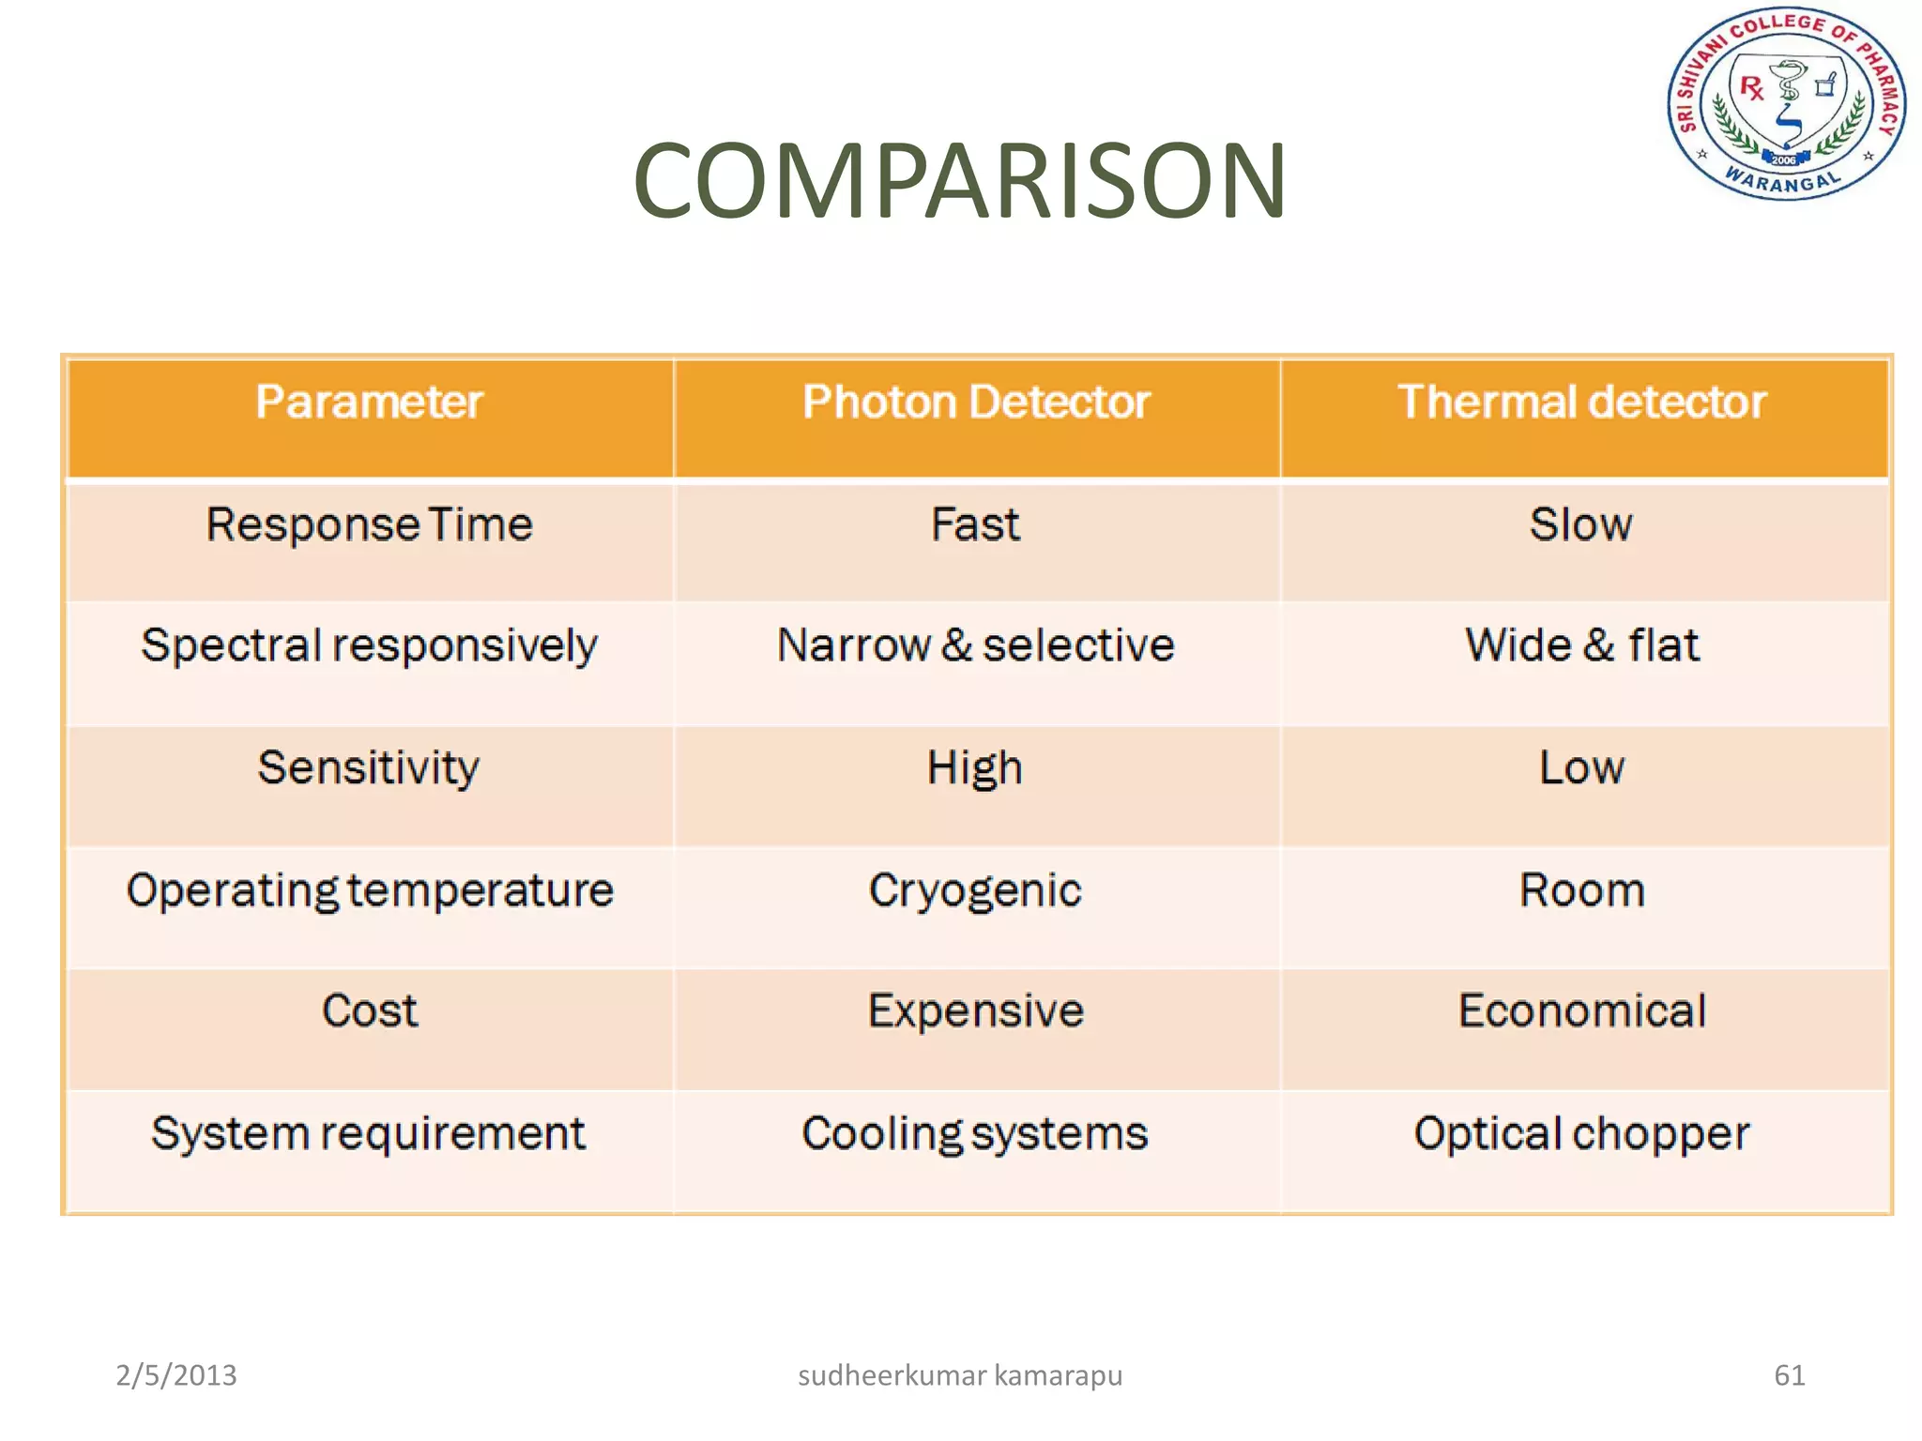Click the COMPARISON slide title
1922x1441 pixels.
(959, 180)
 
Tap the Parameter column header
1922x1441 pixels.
(369, 402)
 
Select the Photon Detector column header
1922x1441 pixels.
(976, 402)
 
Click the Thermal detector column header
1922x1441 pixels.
(1582, 402)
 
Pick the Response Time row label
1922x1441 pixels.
(369, 524)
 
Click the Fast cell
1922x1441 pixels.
(975, 524)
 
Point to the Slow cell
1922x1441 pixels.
(1581, 524)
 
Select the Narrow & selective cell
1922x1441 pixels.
(976, 645)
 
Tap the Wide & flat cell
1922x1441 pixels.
(1582, 645)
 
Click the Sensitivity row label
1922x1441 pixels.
(369, 767)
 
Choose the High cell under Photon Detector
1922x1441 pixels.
(975, 768)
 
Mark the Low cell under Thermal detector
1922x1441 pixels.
(1581, 767)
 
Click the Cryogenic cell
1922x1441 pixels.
(975, 890)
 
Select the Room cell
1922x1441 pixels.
(1582, 890)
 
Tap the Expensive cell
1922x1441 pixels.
(976, 1011)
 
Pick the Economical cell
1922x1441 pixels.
(1582, 1011)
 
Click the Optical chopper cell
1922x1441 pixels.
(1582, 1133)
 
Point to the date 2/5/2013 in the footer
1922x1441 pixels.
(176, 1375)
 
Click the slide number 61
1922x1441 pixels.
(1789, 1375)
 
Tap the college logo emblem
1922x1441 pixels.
(1786, 105)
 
